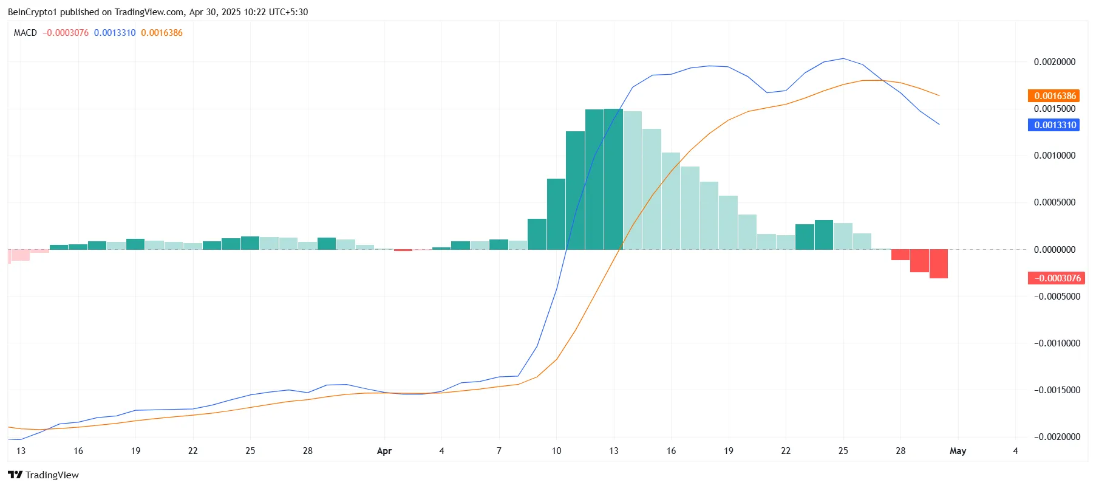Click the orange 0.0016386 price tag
click(1053, 96)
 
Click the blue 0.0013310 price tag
click(1053, 125)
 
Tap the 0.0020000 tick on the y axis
click(1054, 62)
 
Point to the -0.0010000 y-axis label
click(1057, 343)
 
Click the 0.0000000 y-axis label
click(1054, 250)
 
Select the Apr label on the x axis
click(384, 451)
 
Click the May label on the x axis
click(958, 451)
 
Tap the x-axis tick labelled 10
click(556, 451)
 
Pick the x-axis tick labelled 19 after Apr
click(728, 451)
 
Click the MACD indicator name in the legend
click(26, 33)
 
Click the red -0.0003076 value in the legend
click(66, 33)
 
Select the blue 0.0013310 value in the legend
click(115, 33)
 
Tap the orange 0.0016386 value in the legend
click(162, 33)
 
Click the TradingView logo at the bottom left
click(43, 475)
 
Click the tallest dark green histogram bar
click(613, 179)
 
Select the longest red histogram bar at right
click(938, 264)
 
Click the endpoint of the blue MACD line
click(939, 125)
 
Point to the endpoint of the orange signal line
click(939, 95)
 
